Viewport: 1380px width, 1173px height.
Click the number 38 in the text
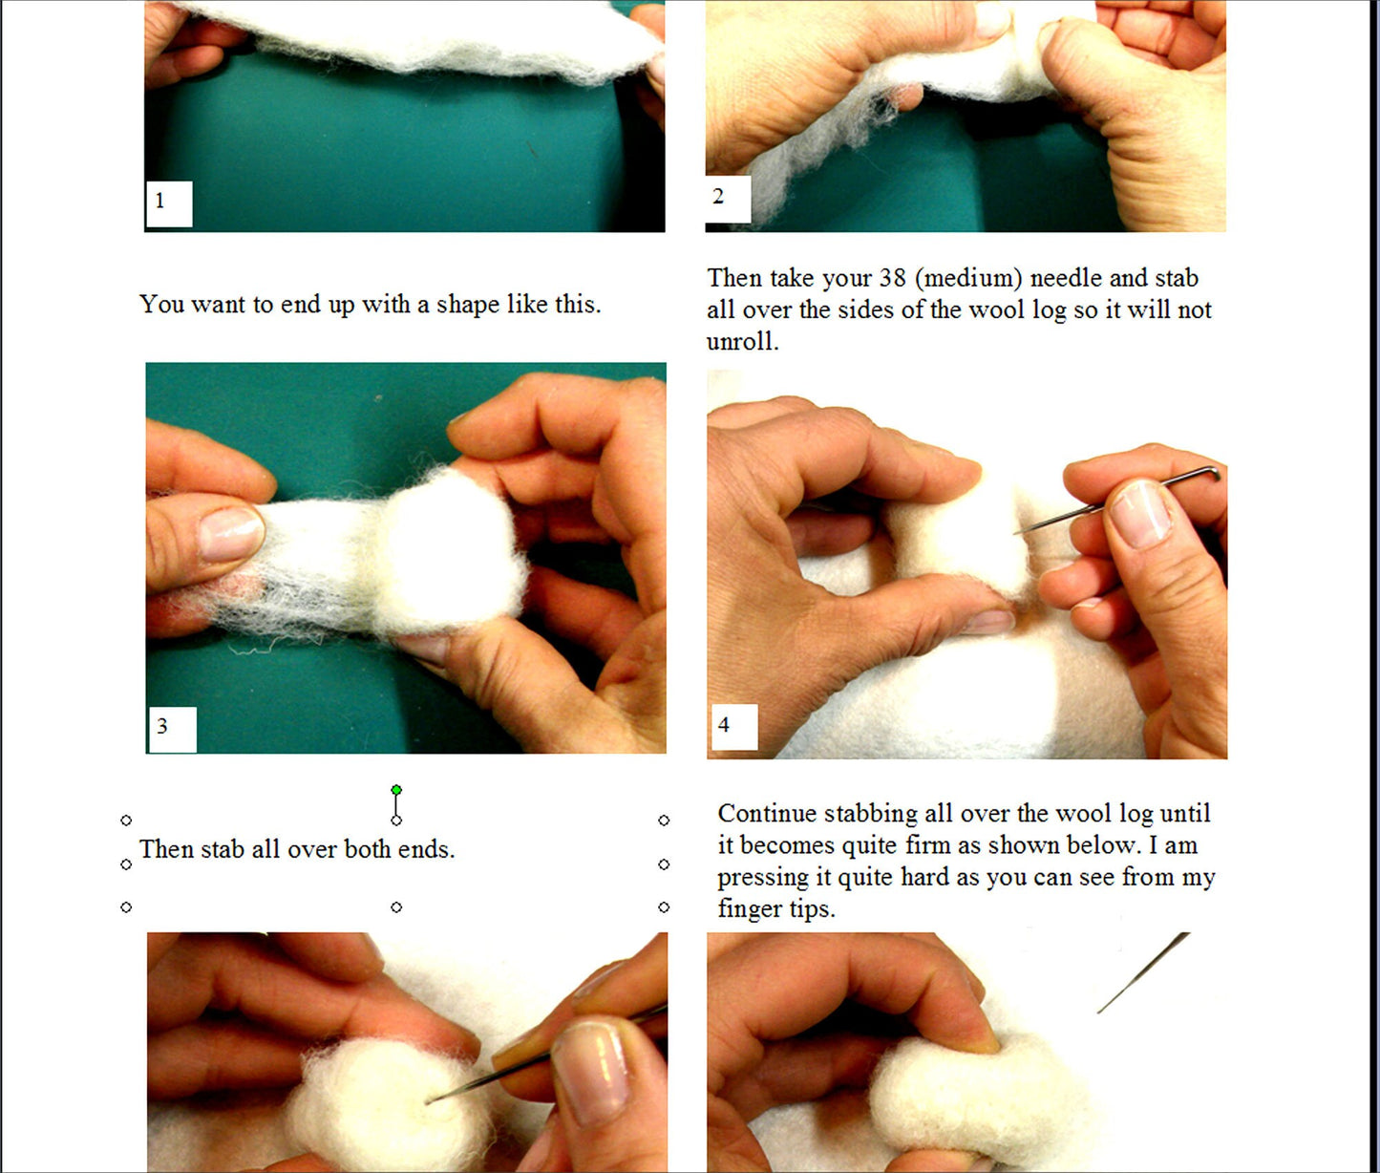tap(891, 278)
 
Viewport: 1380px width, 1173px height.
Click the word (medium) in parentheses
tap(967, 278)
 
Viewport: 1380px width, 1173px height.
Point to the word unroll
tap(741, 342)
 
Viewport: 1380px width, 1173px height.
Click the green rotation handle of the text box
tap(396, 790)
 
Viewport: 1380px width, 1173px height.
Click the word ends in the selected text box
tap(425, 849)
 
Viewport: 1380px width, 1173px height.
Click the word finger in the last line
tap(750, 908)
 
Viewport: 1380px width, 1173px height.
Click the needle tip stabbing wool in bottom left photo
tap(430, 1100)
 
